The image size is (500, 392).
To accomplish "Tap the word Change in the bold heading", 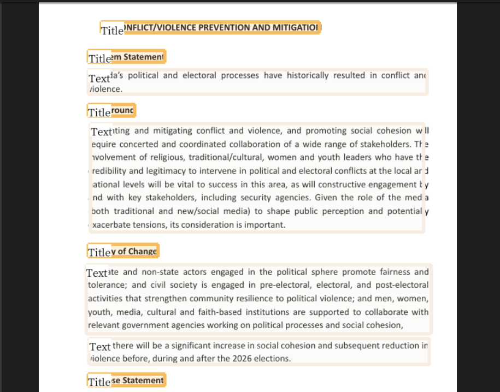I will coord(143,252).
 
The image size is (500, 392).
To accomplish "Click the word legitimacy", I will coord(150,171).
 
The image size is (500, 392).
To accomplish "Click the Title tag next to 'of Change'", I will coord(99,252).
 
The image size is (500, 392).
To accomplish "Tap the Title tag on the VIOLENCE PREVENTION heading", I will coord(113,31).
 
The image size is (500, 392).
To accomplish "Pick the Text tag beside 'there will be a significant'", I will coord(100,347).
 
